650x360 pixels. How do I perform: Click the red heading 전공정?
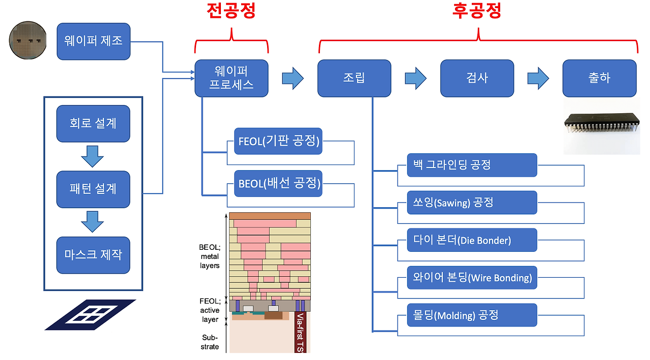point(231,11)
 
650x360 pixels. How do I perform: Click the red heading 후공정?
point(477,11)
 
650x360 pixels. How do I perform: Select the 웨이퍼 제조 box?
point(93,41)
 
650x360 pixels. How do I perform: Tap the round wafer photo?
point(28,41)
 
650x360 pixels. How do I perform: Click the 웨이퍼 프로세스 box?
point(232,78)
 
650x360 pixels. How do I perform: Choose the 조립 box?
point(354,78)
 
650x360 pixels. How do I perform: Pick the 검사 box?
point(477,78)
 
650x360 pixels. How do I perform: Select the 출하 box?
point(599,78)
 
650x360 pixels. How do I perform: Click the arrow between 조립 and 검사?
point(415,78)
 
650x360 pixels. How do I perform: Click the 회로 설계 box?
point(93,123)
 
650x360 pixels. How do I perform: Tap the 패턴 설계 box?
point(93,189)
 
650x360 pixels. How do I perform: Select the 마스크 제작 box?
point(93,255)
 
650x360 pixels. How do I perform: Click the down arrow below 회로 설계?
point(92,156)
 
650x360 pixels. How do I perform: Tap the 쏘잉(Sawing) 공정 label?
point(472,203)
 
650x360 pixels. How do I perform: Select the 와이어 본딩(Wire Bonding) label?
point(472,278)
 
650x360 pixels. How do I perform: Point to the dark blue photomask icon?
point(90,315)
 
